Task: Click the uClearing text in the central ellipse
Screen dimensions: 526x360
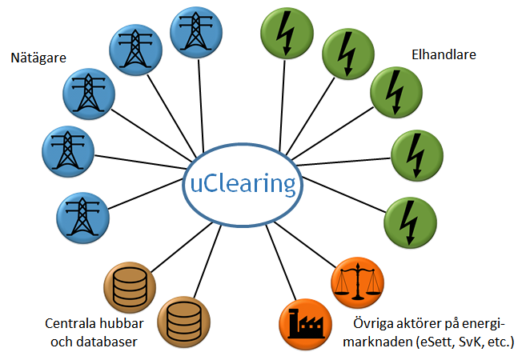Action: (243, 184)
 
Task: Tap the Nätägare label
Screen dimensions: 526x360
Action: (38, 58)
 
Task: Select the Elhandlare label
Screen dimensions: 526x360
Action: (444, 54)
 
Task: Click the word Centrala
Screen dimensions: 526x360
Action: (66, 323)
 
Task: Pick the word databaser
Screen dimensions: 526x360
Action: (107, 342)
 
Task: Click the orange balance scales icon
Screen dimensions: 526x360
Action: (357, 282)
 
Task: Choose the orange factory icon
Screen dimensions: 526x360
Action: (305, 324)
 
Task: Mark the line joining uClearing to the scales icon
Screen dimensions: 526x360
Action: (305, 244)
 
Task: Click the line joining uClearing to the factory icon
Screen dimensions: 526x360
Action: (281, 262)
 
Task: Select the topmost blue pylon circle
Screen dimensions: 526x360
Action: (196, 32)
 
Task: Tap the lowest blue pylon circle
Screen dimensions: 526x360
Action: (82, 218)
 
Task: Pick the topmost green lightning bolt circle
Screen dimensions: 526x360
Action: (287, 33)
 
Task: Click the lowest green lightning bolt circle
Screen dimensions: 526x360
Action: (410, 222)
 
